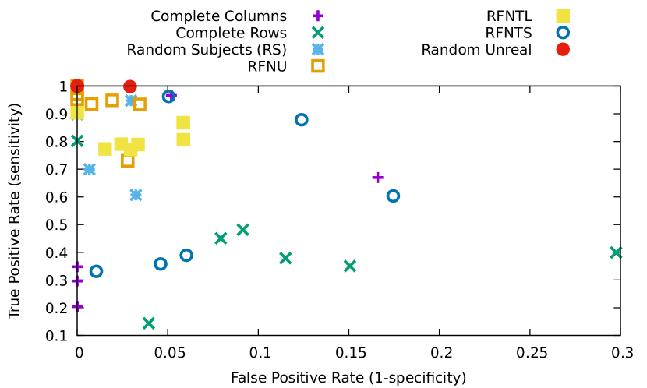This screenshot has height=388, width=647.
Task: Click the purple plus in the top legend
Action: [x=318, y=16]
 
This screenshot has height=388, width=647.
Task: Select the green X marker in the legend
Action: [x=318, y=33]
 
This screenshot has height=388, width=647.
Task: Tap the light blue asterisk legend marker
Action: [x=318, y=49]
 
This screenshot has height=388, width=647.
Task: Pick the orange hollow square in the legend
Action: [x=318, y=66]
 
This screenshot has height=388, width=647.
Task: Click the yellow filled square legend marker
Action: [x=563, y=16]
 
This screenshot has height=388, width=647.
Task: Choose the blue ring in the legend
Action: [x=563, y=33]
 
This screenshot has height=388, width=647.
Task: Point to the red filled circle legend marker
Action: [x=563, y=49]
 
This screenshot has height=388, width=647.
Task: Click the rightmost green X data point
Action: [x=616, y=252]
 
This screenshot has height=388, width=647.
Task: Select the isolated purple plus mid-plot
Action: [x=377, y=178]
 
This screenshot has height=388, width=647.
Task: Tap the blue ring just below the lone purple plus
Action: [x=393, y=196]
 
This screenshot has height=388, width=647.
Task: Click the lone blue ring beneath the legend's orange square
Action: [x=302, y=120]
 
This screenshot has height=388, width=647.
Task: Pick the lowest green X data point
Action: [x=148, y=323]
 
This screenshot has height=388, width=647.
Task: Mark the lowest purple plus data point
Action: [x=77, y=306]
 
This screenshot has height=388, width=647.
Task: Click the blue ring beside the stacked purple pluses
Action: [x=96, y=271]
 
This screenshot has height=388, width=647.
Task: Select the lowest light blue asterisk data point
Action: [x=136, y=195]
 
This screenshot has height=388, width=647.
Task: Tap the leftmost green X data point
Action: [x=76, y=141]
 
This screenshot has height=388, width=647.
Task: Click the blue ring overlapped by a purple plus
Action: [x=168, y=97]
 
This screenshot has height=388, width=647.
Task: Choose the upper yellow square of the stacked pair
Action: [x=183, y=123]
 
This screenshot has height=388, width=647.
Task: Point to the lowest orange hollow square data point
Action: [x=128, y=160]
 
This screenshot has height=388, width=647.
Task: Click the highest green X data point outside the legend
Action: [x=242, y=230]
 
